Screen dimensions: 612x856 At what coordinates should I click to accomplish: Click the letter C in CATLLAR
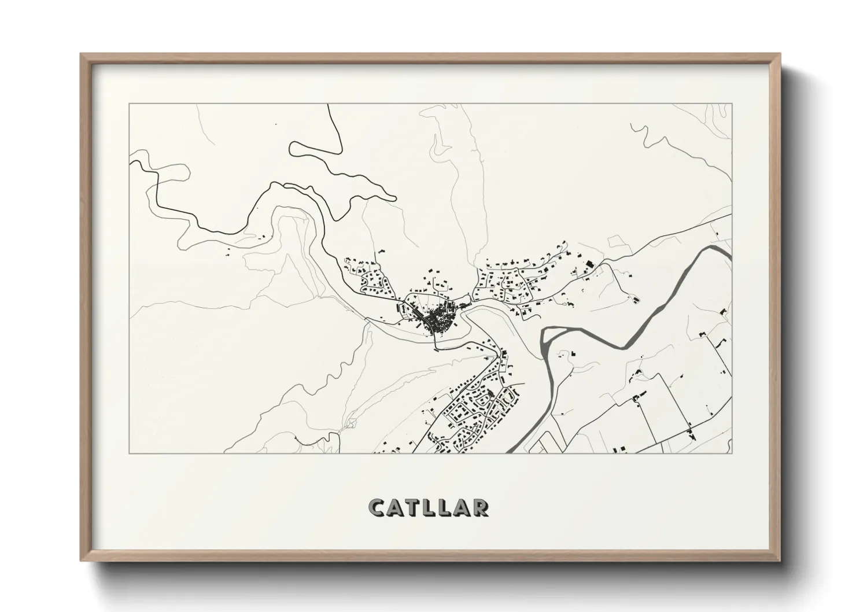click(x=378, y=507)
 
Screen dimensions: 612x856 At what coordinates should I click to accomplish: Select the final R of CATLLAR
click(x=479, y=507)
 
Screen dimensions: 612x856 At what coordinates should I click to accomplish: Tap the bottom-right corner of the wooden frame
click(x=780, y=561)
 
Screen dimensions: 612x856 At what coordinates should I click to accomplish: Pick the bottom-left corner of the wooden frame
click(x=81, y=561)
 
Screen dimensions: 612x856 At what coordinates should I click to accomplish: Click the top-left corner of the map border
click(x=129, y=104)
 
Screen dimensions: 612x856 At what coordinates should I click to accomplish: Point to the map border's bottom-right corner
click(x=732, y=453)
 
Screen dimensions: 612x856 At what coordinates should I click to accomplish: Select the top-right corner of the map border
click(x=732, y=104)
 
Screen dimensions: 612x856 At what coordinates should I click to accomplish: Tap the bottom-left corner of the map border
click(x=129, y=453)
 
